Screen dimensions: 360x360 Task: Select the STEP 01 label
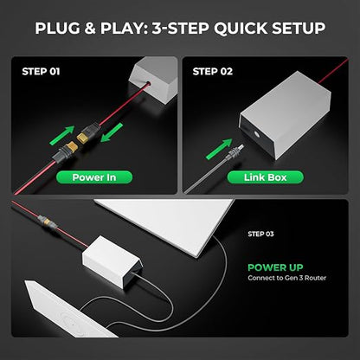coord(41,72)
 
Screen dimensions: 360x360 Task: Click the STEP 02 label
coord(213,72)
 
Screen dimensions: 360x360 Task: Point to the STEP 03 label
coord(260,234)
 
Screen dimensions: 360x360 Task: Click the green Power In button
coord(94,177)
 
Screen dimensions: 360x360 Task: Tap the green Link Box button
coord(266,177)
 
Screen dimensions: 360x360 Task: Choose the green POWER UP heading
coord(275,267)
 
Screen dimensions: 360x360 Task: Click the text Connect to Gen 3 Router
coord(287,278)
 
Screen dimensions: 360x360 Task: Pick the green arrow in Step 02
coord(219,149)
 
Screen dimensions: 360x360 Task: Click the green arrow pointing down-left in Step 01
coord(112,132)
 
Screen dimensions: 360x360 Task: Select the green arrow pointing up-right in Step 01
coord(62,136)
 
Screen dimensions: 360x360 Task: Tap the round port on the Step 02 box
coord(256,133)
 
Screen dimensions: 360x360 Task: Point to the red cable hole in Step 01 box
coord(149,84)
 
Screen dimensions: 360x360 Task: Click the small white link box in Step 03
coord(112,260)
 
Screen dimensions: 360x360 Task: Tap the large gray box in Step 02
coord(285,114)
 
